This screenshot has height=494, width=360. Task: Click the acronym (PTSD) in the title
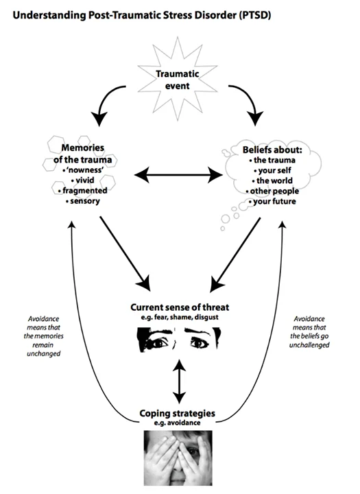tap(255, 15)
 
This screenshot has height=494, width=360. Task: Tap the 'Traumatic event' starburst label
tap(178, 80)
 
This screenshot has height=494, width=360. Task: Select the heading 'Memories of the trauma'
tap(82, 154)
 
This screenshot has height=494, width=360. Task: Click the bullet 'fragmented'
tap(82, 190)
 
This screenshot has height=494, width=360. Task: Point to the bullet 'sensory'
tap(83, 200)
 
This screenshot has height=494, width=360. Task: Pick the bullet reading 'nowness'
tap(82, 170)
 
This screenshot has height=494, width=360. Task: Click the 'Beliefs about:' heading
tap(272, 150)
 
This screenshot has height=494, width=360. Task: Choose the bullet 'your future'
tap(272, 201)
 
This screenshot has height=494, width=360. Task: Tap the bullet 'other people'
tap(272, 191)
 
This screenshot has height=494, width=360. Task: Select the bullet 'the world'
tap(272, 180)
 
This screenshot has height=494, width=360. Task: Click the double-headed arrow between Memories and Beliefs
tap(178, 174)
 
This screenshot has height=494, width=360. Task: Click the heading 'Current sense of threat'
tap(180, 307)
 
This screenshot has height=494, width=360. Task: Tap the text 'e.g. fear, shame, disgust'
tap(180, 317)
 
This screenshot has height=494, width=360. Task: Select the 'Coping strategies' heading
tap(178, 413)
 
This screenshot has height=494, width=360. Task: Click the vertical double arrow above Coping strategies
tap(179, 381)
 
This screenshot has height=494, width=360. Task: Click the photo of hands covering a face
tap(178, 458)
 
